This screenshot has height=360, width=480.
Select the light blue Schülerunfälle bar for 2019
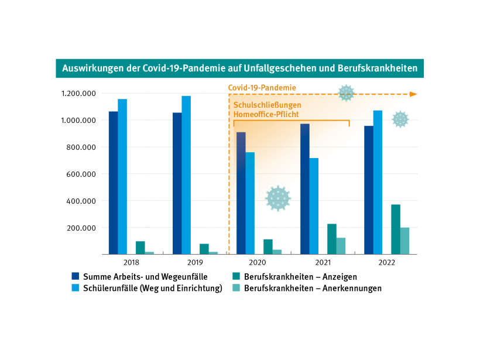(186, 175)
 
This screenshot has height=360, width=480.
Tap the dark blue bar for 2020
(241, 193)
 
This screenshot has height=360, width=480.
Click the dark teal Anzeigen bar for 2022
(396, 229)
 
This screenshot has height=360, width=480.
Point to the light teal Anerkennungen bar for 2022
(404, 241)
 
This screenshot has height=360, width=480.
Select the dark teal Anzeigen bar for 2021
(332, 239)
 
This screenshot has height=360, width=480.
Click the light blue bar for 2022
(378, 182)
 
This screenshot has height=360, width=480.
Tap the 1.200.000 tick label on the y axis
(78, 94)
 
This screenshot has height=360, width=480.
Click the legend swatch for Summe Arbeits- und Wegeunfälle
(75, 276)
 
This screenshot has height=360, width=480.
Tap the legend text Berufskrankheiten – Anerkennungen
(313, 288)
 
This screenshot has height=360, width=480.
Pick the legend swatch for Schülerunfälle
(75, 288)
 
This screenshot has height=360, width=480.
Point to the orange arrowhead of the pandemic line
(413, 94)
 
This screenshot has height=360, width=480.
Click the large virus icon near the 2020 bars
(277, 198)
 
